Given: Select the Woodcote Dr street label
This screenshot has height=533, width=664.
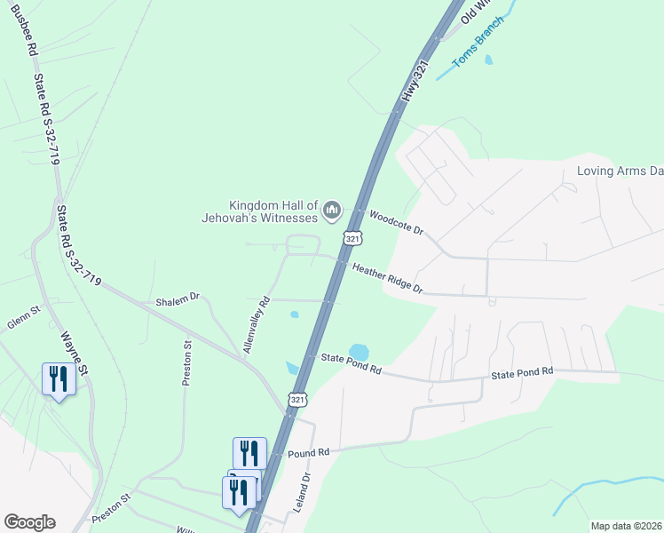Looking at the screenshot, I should pyautogui.click(x=397, y=222).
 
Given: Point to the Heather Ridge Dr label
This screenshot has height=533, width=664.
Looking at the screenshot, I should pyautogui.click(x=387, y=278).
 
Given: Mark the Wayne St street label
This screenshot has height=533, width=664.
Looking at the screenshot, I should pyautogui.click(x=73, y=352).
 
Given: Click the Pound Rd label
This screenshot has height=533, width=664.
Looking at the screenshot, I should pyautogui.click(x=309, y=453).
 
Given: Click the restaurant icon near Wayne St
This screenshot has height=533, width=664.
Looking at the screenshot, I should pyautogui.click(x=59, y=379).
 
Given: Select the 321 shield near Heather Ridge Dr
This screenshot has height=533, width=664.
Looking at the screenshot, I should pyautogui.click(x=352, y=240).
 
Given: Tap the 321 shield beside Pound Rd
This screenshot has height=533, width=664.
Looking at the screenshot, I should pyautogui.click(x=297, y=402).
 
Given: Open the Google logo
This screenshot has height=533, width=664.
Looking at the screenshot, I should pyautogui.click(x=29, y=522).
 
